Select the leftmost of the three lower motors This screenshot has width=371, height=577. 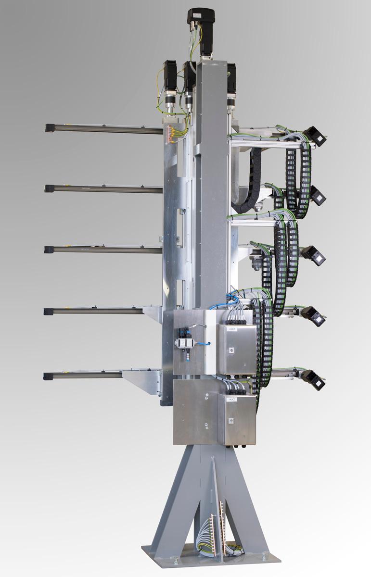[x=170, y=79]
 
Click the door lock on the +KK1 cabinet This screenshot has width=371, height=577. [x=231, y=350]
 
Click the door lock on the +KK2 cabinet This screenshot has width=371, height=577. [x=231, y=420]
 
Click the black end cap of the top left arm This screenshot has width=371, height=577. [x=49, y=128]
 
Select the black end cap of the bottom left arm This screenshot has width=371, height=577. [x=47, y=376]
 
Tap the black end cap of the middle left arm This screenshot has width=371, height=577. [x=48, y=250]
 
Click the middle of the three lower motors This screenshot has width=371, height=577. [x=189, y=82]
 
